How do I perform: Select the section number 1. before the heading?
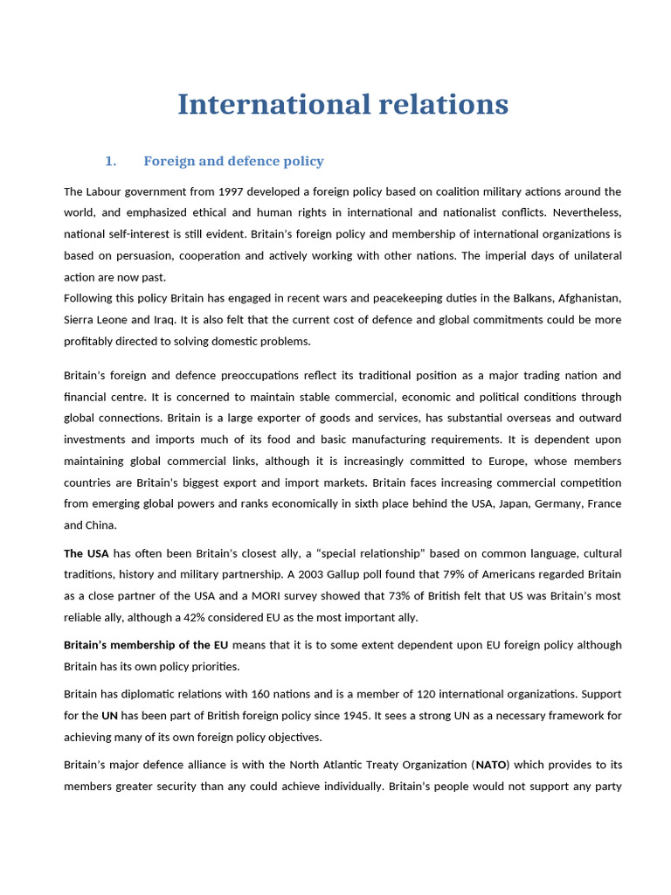coord(110,161)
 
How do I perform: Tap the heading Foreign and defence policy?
coord(233,161)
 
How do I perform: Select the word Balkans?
coord(495,299)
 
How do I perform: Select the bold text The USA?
coord(86,553)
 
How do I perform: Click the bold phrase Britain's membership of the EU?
coord(146,645)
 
